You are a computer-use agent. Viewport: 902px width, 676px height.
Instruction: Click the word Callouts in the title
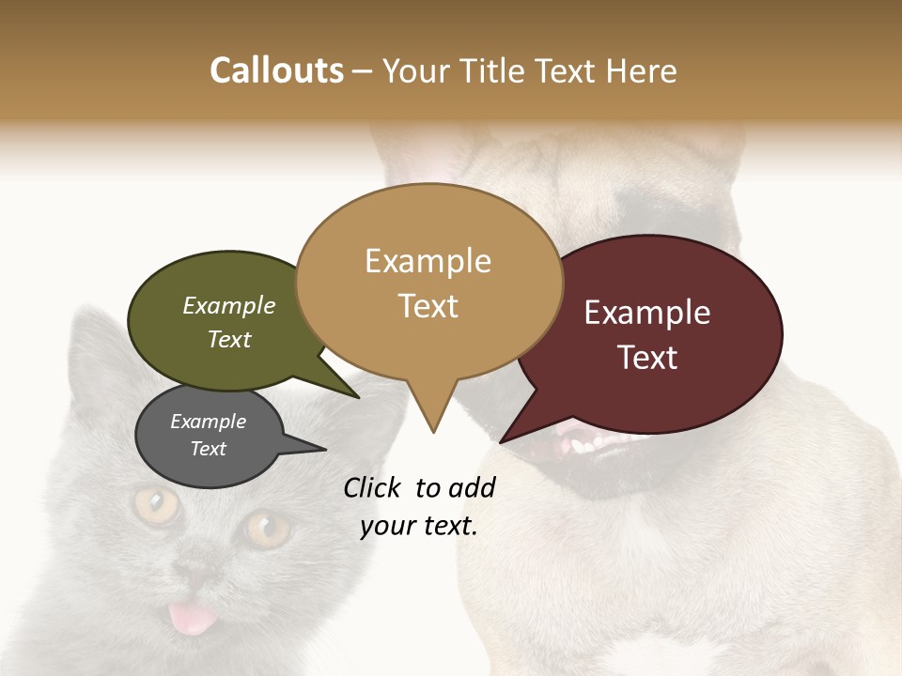click(x=276, y=70)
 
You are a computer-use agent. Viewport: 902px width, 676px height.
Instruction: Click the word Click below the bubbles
click(x=375, y=487)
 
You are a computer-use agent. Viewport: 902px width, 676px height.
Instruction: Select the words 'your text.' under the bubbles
click(x=419, y=526)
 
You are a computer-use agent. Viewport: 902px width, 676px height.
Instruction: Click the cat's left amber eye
click(x=156, y=505)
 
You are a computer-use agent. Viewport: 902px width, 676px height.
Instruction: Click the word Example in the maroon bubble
click(x=647, y=313)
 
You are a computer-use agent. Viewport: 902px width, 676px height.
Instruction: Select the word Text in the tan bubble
click(x=428, y=306)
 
